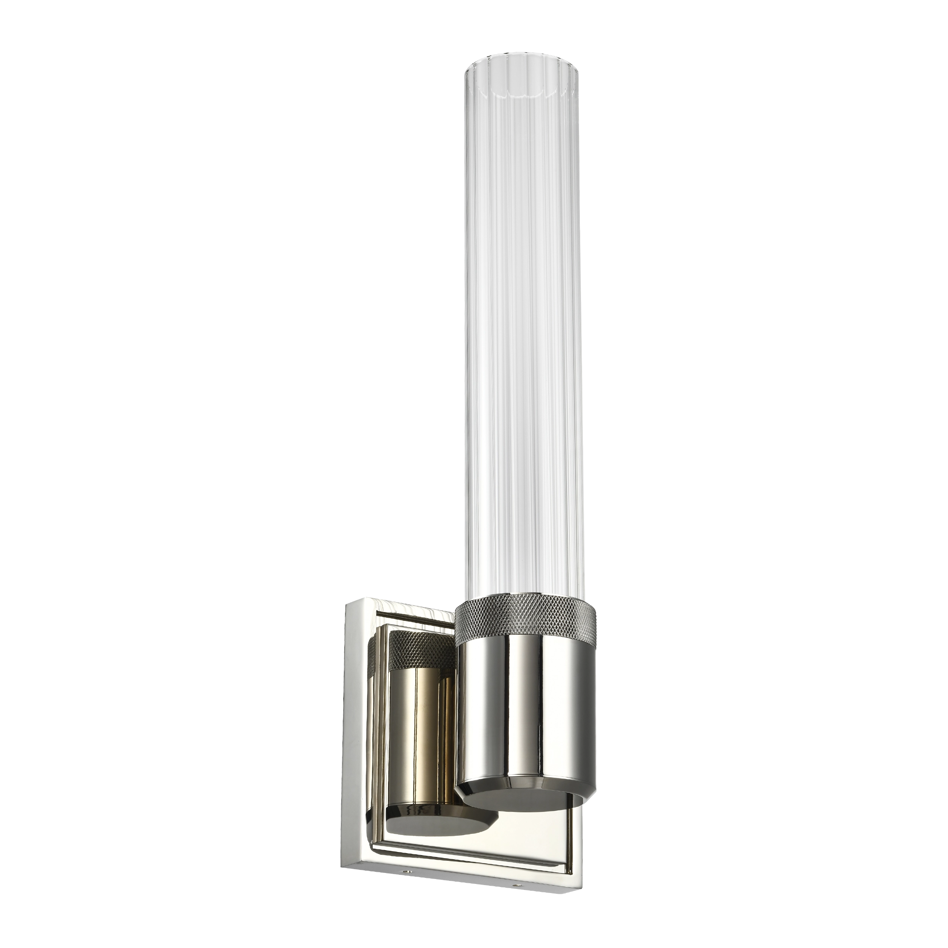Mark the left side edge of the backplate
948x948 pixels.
[x=345, y=741]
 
